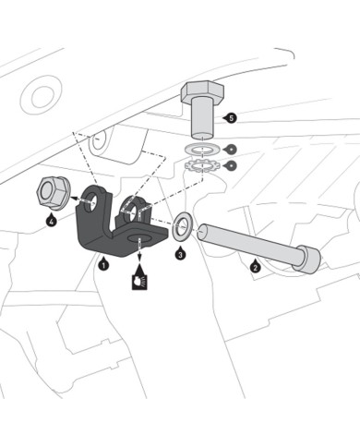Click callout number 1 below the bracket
click(x=104, y=264)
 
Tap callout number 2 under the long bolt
click(x=256, y=267)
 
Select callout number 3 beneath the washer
click(x=180, y=254)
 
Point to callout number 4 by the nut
click(x=52, y=221)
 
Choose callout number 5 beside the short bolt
click(x=232, y=118)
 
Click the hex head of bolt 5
click(x=201, y=91)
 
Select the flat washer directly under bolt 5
click(x=201, y=151)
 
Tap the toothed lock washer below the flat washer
click(x=201, y=166)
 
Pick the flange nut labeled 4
click(x=52, y=193)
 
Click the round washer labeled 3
click(x=183, y=226)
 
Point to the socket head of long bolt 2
click(x=306, y=259)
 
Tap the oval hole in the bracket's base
click(x=139, y=237)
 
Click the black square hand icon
click(x=139, y=282)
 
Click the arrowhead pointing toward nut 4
click(x=74, y=199)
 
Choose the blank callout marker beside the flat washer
click(x=232, y=150)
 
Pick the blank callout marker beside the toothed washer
click(x=232, y=165)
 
